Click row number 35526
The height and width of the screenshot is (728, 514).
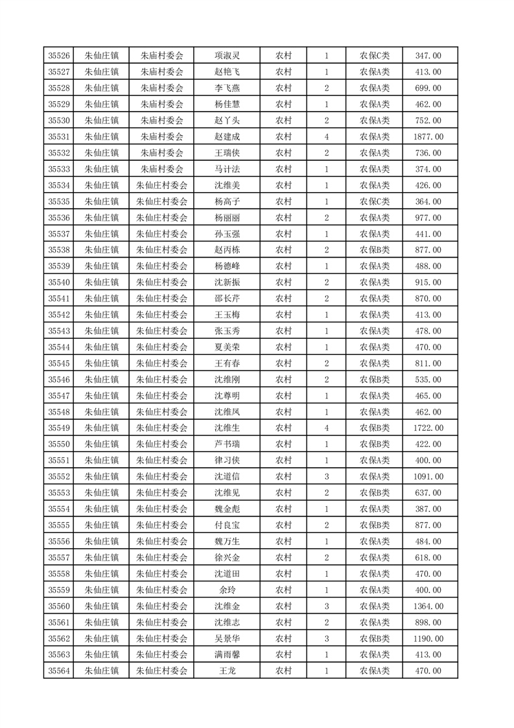point(60,56)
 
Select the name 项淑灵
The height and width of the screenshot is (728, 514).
point(228,56)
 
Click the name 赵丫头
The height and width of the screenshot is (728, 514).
point(228,121)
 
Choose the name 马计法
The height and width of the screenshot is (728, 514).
point(228,169)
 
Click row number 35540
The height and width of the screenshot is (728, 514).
point(60,282)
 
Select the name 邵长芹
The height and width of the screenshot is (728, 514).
point(228,298)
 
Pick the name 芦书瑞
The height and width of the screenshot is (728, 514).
point(228,444)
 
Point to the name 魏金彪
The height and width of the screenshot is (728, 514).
point(228,509)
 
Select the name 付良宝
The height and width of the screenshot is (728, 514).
point(228,526)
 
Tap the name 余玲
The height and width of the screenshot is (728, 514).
point(228,590)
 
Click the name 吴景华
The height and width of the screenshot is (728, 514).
point(228,638)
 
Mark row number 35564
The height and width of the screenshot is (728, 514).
point(60,671)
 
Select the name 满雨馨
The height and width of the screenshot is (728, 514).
point(228,655)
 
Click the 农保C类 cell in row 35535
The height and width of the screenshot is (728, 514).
point(375,202)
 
